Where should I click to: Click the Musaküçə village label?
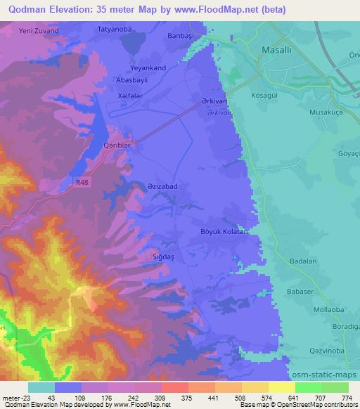click(325, 111)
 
